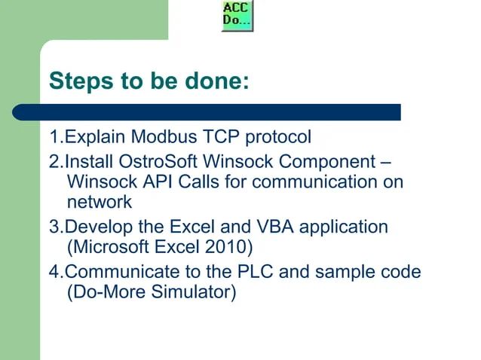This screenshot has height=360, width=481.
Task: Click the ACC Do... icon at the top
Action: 237,15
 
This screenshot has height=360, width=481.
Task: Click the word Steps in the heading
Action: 78,81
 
